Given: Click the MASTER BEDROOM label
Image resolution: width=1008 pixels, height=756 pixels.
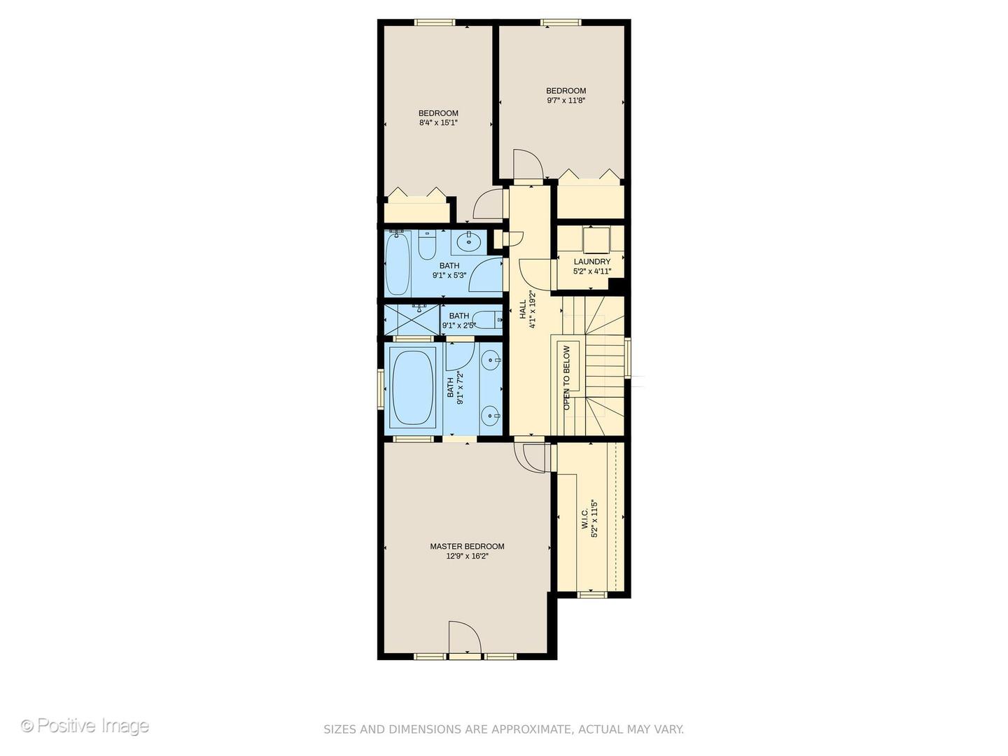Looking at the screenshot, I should coord(467,547).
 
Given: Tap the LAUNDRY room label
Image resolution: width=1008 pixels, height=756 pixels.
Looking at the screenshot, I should coord(591,262).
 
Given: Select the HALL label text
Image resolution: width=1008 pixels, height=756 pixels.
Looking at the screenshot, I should coord(522,309).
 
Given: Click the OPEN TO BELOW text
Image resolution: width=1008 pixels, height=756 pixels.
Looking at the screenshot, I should coord(567,377).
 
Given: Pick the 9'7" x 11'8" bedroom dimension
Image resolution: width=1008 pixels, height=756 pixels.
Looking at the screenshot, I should coord(566,101).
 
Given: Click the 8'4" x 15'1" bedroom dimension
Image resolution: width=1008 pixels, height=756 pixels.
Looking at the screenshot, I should coord(438,123).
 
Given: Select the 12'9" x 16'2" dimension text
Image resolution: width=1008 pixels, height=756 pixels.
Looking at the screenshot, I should coord(467,556).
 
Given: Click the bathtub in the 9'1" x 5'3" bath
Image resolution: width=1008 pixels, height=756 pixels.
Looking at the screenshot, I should coord(398,265).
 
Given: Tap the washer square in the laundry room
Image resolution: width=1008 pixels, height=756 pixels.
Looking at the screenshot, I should coord(596,239).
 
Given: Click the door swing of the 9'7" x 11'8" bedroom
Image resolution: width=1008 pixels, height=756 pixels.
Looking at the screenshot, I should coord(528,165).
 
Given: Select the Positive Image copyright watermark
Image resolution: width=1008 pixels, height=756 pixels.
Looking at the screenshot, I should coord(85,726).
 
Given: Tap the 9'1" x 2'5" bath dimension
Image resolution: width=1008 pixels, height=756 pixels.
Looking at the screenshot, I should coord(459,325).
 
